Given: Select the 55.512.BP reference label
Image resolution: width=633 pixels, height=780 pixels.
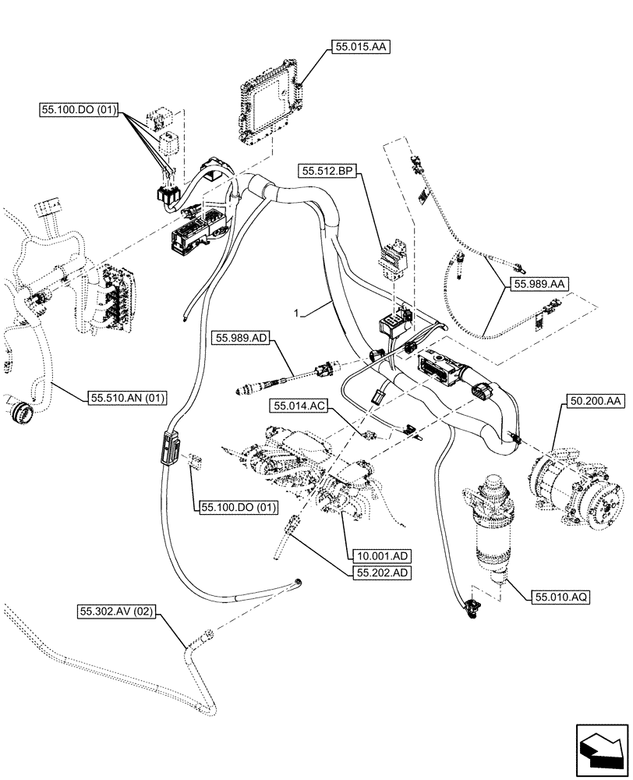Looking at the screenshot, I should click(x=327, y=168).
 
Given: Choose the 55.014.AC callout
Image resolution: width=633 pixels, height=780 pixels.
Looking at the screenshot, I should click(x=299, y=406).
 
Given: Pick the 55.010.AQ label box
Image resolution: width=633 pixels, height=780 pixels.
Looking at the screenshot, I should click(x=561, y=597).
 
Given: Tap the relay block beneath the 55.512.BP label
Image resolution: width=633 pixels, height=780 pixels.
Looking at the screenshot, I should click(x=393, y=259).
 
